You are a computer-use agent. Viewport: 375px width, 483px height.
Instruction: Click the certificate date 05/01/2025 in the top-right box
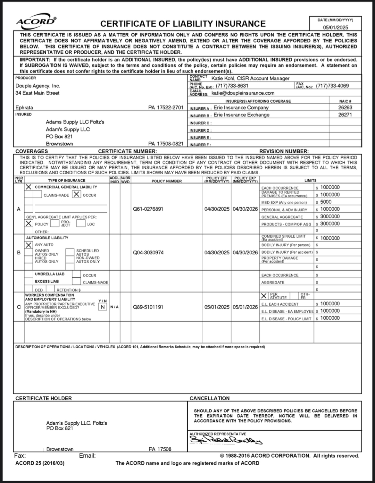pyautogui.click(x=335, y=28)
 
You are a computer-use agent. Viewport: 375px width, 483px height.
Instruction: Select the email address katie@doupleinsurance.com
pyautogui.click(x=243, y=93)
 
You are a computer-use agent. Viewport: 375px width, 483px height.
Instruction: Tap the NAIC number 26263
pyautogui.click(x=345, y=108)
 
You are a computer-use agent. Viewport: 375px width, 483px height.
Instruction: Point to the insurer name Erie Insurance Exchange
pyautogui.click(x=241, y=115)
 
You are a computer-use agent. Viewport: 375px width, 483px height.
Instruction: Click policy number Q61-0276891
pyautogui.click(x=148, y=209)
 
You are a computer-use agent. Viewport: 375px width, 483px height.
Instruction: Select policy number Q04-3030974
pyautogui.click(x=148, y=253)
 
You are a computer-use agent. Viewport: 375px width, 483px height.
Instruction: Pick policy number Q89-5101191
pyautogui.click(x=148, y=307)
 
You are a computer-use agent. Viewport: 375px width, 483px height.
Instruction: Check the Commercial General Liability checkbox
pyautogui.click(x=29, y=187)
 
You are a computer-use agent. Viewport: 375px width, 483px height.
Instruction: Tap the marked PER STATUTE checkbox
pyautogui.click(x=264, y=296)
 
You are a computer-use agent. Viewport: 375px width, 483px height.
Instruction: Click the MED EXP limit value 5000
pyautogui.click(x=326, y=202)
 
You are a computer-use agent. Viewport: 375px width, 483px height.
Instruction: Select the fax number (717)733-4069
pyautogui.click(x=332, y=86)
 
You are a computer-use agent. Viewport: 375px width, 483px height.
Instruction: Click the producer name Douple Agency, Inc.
pyautogui.click(x=37, y=86)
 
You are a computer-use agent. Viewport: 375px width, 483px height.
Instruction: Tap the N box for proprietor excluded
pyautogui.click(x=102, y=307)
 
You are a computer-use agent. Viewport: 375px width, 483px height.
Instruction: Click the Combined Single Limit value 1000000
pyautogui.click(x=330, y=238)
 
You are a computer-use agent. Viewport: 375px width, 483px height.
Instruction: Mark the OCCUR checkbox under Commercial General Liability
pyautogui.click(x=76, y=194)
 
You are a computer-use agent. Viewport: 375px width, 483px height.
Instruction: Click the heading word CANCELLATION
pyautogui.click(x=210, y=398)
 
